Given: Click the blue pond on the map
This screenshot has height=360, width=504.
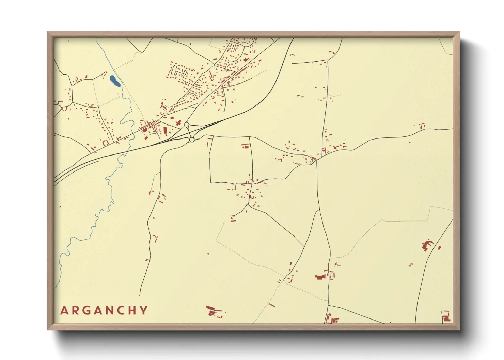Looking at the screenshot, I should tap(115, 81).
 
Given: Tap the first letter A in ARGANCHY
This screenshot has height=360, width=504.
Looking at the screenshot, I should tap(64, 310).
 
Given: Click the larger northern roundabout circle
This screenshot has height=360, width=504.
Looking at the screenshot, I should tap(186, 125).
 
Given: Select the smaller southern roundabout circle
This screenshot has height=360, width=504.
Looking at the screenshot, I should tap(192, 140).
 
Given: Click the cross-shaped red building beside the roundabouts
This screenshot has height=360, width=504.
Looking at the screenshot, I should tap(178, 122).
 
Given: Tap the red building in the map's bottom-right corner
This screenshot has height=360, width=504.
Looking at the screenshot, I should tap(446, 318).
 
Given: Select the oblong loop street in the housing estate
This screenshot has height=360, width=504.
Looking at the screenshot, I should tap(175, 70).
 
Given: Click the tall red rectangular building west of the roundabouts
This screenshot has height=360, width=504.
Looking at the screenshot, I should tap(166, 130).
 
